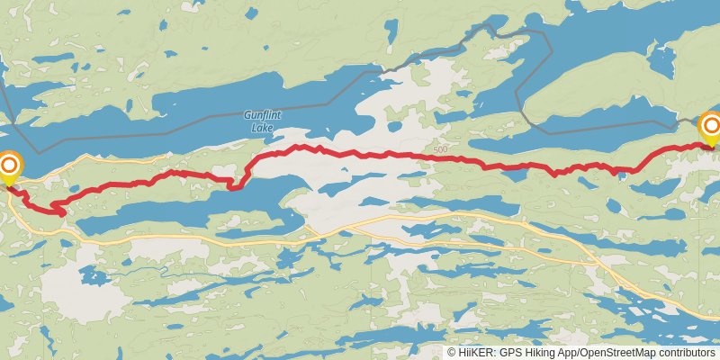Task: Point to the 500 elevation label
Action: click(439, 149)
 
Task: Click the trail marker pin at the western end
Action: click(10, 166)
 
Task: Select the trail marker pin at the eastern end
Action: click(710, 127)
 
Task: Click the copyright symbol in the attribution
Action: click(451, 353)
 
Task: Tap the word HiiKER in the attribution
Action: click(476, 353)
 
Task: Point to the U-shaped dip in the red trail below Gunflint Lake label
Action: click(236, 186)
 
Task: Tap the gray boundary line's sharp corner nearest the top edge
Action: click(544, 32)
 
